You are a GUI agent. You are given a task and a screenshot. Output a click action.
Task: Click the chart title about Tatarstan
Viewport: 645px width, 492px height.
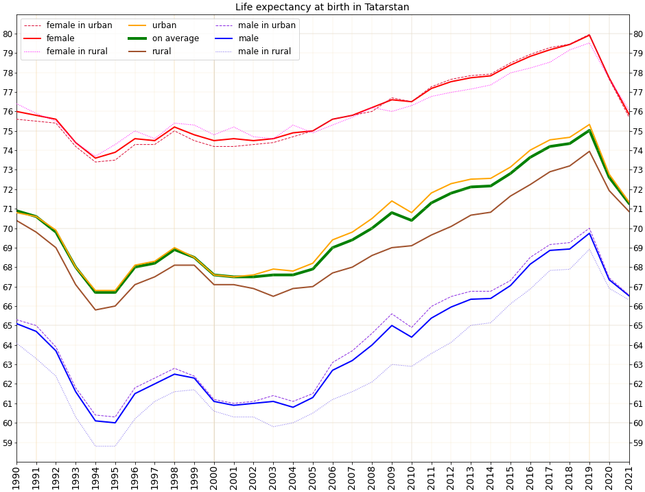322,8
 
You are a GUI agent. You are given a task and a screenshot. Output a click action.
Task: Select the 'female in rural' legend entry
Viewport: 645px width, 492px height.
77,51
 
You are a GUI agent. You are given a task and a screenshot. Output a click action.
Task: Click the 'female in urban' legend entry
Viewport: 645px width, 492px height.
79,25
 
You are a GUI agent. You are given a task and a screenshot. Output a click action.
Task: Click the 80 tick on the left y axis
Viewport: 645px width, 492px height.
8,34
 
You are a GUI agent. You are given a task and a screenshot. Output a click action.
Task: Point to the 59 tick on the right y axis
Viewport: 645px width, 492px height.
637,443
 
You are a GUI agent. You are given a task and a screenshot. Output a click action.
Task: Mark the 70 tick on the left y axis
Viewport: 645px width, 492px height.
8,229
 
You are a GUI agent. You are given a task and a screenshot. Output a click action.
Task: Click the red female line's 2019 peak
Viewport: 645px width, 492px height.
589,35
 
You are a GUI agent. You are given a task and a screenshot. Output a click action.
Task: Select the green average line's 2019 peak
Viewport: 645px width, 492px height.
589,130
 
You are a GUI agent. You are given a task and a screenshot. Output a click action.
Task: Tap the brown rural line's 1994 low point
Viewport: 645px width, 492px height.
95,309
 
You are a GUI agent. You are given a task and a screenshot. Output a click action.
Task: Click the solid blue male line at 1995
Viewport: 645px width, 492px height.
115,423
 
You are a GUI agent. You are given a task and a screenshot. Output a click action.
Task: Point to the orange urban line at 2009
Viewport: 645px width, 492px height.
392,201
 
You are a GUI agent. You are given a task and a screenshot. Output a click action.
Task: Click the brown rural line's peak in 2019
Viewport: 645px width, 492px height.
589,152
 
